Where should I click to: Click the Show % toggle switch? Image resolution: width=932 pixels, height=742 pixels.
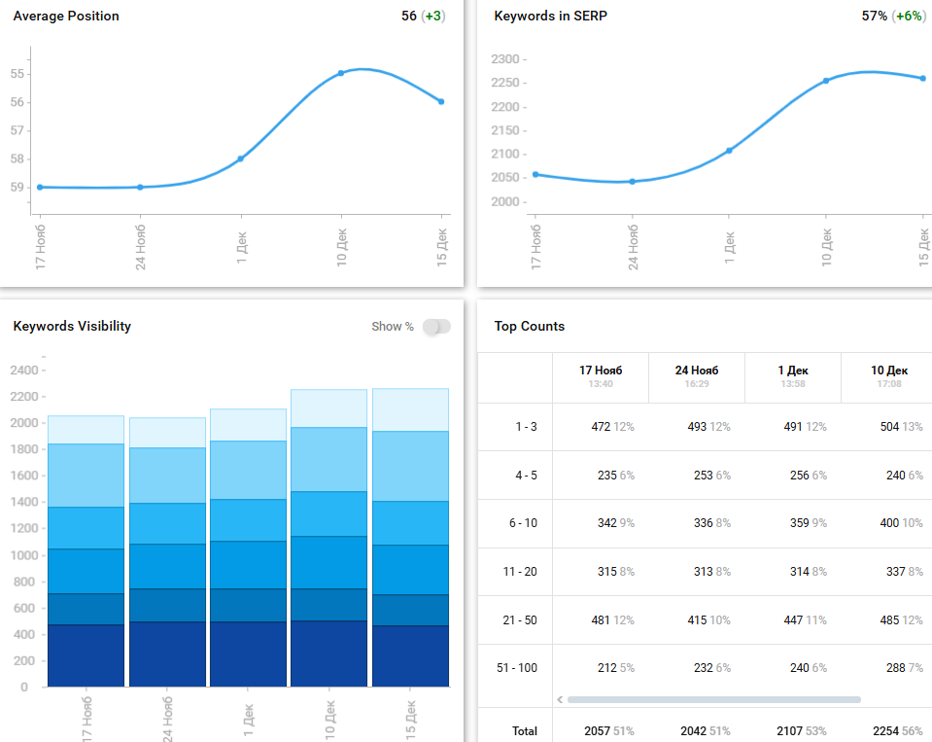(436, 327)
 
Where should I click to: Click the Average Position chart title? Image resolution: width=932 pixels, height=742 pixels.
(66, 17)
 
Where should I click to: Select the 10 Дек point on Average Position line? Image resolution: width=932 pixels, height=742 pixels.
(341, 73)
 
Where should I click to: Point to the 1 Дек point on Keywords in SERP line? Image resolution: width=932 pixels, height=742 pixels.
(729, 151)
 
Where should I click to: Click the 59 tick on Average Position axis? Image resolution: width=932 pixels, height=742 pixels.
(17, 187)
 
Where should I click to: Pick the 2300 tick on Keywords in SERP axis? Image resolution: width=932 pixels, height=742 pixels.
(506, 59)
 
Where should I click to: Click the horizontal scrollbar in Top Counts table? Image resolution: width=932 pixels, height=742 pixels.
(713, 699)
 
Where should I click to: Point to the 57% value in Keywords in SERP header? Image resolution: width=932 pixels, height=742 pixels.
(874, 17)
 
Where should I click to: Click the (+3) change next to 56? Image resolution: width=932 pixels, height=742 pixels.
(434, 17)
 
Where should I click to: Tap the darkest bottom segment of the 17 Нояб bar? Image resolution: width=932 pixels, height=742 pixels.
(86, 655)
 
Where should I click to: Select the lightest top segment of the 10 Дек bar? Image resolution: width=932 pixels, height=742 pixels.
(328, 408)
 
